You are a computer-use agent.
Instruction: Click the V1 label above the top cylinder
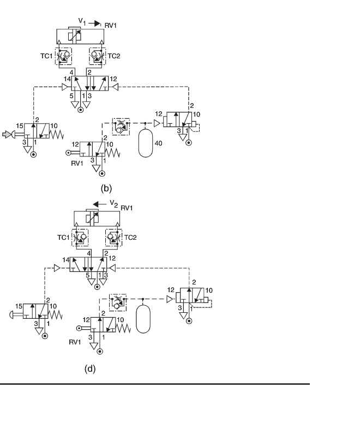click(82, 22)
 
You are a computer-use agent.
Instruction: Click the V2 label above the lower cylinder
click(114, 204)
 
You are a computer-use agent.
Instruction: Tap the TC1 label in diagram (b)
click(46, 56)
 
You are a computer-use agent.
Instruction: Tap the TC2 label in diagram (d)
click(130, 238)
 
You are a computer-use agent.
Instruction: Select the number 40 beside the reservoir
click(158, 143)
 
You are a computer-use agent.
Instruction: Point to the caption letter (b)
click(106, 188)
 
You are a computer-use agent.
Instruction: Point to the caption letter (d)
click(90, 369)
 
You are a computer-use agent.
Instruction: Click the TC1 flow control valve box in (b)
click(63, 56)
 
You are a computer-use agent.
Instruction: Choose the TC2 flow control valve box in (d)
click(113, 238)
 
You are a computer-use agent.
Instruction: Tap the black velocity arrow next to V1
click(94, 23)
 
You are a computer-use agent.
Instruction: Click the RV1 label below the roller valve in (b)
click(77, 163)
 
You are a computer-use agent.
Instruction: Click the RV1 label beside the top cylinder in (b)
click(110, 26)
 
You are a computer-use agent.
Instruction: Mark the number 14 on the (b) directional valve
click(67, 79)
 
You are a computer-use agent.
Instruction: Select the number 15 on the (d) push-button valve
click(19, 306)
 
